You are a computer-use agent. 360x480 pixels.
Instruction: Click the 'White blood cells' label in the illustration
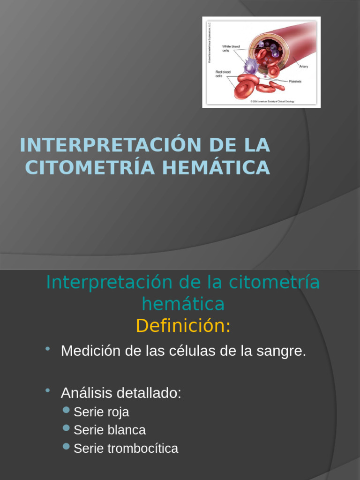pos(231,48)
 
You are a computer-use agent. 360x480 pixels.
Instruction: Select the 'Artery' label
pos(303,67)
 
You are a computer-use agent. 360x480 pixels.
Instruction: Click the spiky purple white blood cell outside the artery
pos(251,66)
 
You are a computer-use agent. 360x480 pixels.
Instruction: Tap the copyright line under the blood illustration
pos(272,101)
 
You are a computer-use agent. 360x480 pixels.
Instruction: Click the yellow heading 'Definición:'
pos(183,326)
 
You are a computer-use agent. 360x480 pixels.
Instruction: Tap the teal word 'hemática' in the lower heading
pos(183,304)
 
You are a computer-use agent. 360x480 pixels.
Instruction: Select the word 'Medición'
pos(91,351)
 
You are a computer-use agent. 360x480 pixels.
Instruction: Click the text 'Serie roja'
pos(101,412)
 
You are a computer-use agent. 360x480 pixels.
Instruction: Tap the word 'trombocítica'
pos(142,449)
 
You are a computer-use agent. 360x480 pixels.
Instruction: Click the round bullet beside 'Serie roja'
pos(67,411)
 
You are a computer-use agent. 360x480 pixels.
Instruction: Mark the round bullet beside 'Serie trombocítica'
pos(67,447)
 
